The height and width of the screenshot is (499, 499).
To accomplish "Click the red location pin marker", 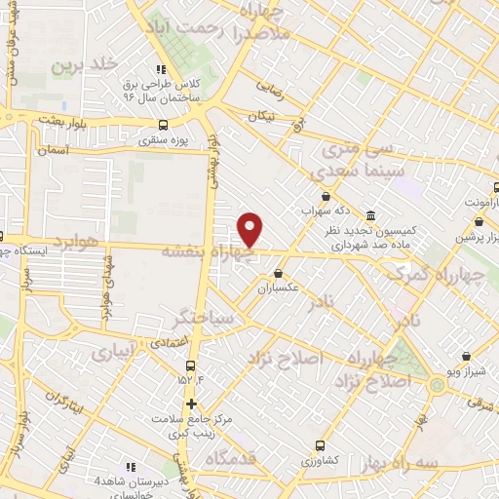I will [x=251, y=230].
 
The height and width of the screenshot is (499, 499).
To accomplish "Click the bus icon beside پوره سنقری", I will [x=163, y=125].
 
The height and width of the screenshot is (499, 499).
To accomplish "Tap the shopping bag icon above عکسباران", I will [x=278, y=273].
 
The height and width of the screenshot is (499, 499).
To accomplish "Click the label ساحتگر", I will [x=203, y=319].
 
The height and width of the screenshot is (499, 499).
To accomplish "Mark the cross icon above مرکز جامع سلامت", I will [x=191, y=403].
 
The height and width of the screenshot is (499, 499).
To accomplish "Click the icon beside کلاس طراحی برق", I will [x=161, y=68].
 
